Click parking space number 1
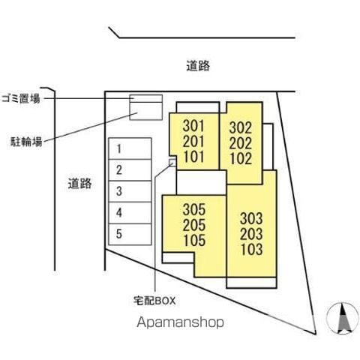click(x=130, y=148)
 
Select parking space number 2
click(x=130, y=170)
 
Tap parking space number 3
click(x=130, y=191)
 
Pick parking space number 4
click(x=130, y=213)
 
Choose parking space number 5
click(x=130, y=234)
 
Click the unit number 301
click(x=193, y=126)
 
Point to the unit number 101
click(x=193, y=157)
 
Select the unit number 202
click(x=241, y=143)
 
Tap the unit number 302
click(x=241, y=127)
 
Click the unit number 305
click(x=194, y=209)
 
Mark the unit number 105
click(x=194, y=241)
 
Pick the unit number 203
click(x=251, y=234)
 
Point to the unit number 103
click(x=252, y=250)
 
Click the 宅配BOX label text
click(x=154, y=301)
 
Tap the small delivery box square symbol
click(x=172, y=162)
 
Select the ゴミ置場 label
click(x=21, y=99)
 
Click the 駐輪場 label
click(x=26, y=142)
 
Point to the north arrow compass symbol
click(x=343, y=318)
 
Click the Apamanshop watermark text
click(x=180, y=322)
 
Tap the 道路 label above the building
click(x=198, y=66)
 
